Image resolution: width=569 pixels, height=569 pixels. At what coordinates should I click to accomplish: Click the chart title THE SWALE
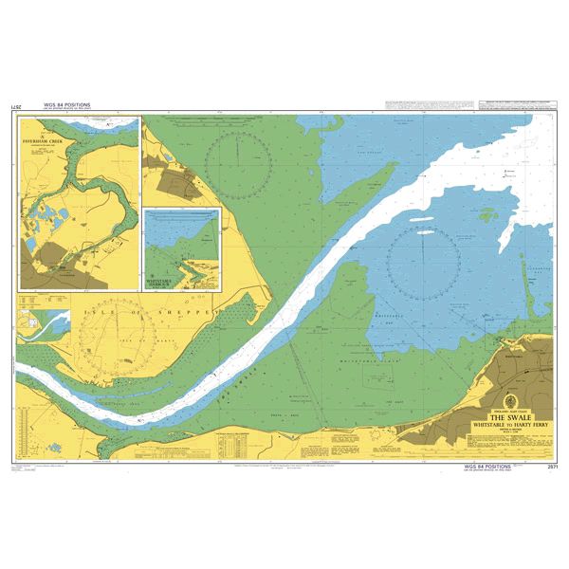(510, 417)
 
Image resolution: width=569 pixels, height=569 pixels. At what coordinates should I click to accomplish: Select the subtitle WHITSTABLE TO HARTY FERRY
(510, 426)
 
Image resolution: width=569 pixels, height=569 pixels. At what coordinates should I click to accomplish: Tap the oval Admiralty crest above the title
(510, 401)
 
